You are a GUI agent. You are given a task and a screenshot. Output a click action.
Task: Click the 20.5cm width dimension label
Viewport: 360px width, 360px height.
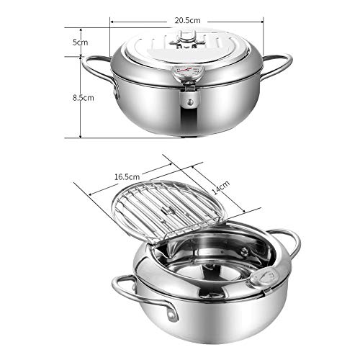tap(187, 20)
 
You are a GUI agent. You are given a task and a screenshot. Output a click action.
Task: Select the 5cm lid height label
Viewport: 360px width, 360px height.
tap(81, 42)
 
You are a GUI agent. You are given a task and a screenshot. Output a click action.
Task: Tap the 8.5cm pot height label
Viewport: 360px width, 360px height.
tap(83, 98)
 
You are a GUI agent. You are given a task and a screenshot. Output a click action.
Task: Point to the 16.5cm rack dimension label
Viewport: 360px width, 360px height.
tap(127, 177)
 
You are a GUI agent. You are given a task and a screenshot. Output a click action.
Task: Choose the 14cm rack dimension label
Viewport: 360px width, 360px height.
tap(221, 187)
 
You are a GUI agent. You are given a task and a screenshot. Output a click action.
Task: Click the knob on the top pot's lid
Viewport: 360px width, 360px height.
tap(186, 38)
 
